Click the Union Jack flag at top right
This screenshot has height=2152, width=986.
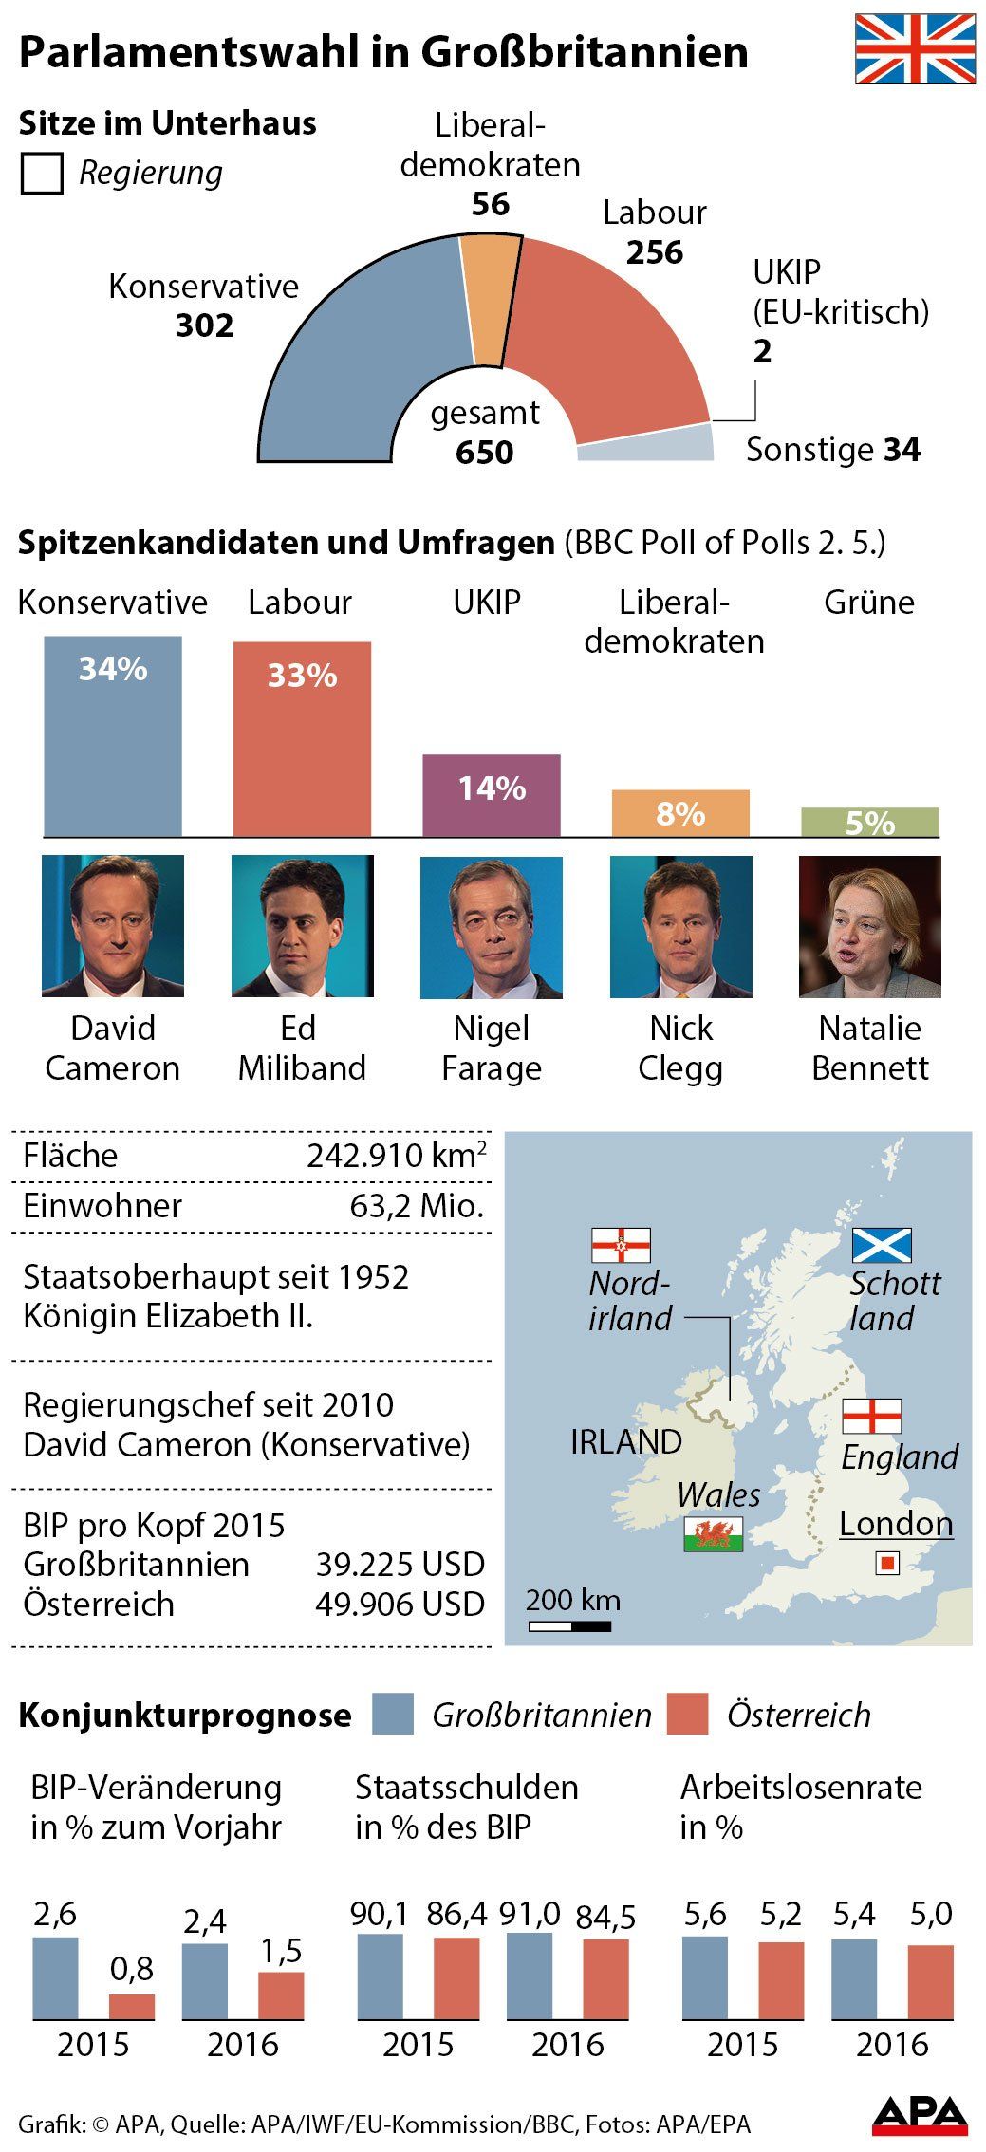915,49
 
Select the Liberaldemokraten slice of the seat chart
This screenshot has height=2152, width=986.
491,294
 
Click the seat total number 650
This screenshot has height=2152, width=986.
484,453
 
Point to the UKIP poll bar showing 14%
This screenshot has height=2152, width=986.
492,794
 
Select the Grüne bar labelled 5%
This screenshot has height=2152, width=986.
869,822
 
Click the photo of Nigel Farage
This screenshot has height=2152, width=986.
492,927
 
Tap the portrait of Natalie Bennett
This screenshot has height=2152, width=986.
869,927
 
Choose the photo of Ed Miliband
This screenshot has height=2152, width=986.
302,926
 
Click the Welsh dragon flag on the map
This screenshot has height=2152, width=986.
713,1534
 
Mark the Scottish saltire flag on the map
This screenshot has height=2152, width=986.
881,1246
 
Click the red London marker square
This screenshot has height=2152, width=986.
887,1563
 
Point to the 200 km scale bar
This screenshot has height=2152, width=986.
569,1626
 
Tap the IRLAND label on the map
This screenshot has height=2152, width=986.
625,1442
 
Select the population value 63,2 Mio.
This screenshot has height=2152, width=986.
417,1206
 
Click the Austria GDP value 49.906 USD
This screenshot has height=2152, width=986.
400,1604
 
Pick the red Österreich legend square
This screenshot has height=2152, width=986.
687,1715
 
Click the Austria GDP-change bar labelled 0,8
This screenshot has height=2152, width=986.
132,2007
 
